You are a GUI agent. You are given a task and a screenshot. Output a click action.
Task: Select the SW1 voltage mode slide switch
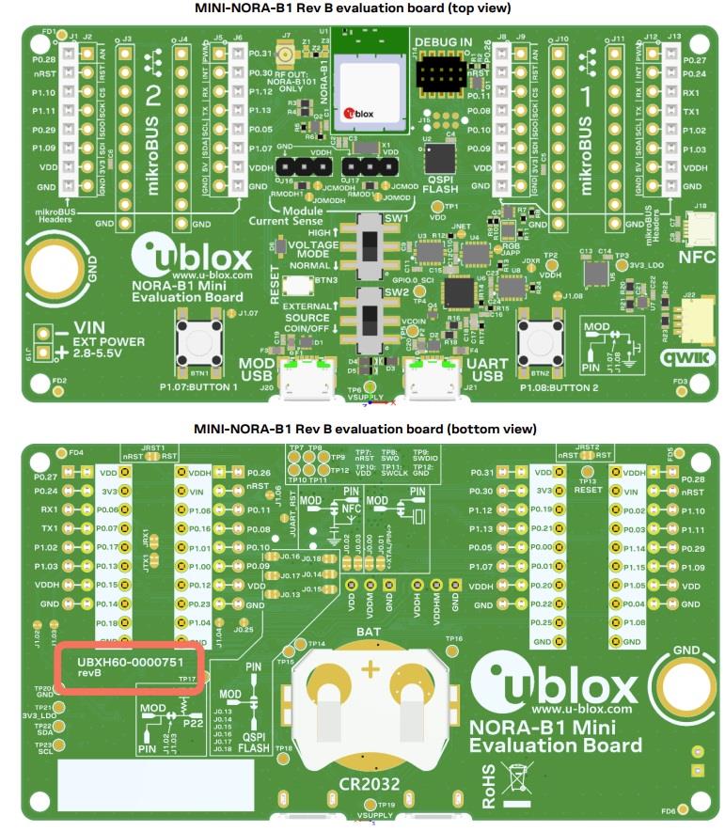click(x=371, y=246)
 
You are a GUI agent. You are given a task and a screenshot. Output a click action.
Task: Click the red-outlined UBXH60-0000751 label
click(x=131, y=667)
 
